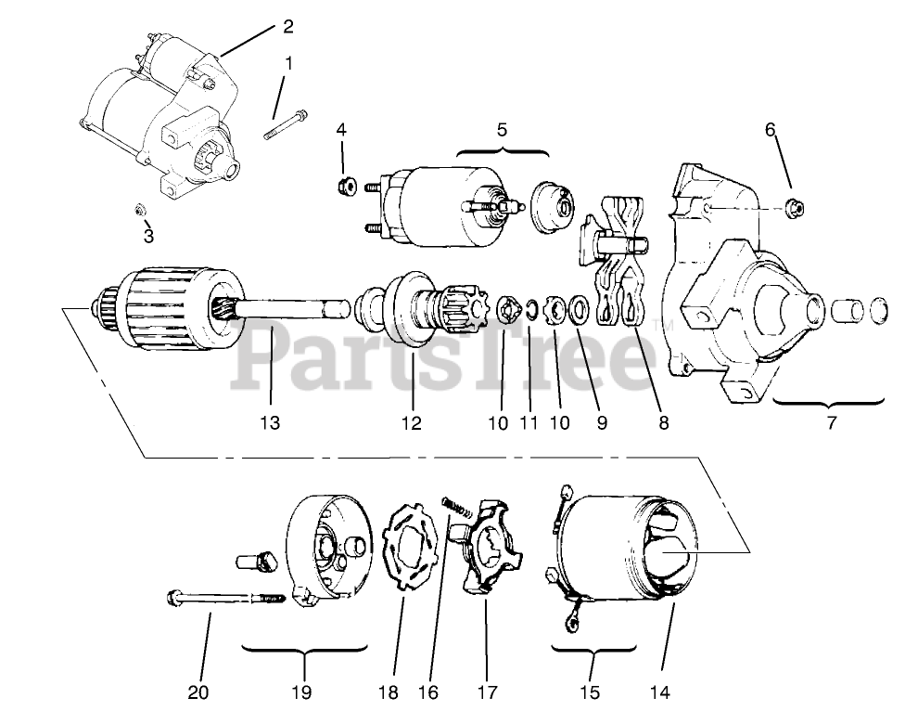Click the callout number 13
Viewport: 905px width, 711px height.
click(x=269, y=423)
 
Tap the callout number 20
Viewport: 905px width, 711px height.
click(x=198, y=692)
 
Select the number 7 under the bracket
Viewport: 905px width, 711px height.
click(x=831, y=423)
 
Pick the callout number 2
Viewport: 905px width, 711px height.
click(x=288, y=26)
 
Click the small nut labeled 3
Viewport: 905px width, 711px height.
click(x=141, y=210)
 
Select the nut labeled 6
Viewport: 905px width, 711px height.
click(x=794, y=207)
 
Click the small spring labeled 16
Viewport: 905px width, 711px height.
click(x=455, y=503)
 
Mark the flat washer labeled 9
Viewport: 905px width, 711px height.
click(x=577, y=307)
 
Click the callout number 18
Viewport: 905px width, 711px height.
click(x=388, y=692)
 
